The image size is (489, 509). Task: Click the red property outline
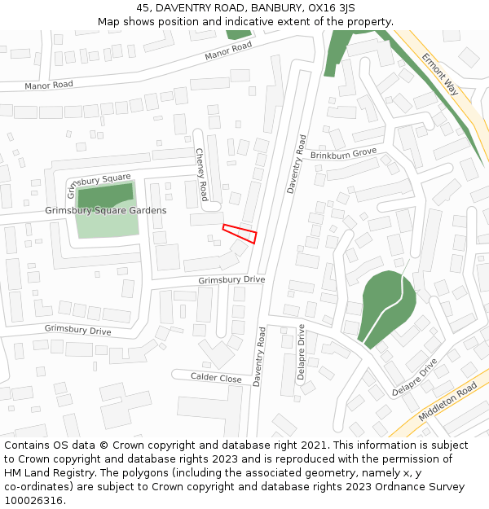[x=240, y=234]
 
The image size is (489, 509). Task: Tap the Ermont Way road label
[x=440, y=74]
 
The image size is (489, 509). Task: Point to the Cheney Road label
[x=201, y=174]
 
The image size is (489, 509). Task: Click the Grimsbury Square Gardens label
[x=106, y=210]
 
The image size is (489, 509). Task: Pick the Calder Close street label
[x=216, y=378]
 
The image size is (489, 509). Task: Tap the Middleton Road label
[x=447, y=402]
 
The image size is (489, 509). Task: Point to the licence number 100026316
[x=33, y=501]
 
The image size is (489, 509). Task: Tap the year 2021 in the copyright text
[x=316, y=445]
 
